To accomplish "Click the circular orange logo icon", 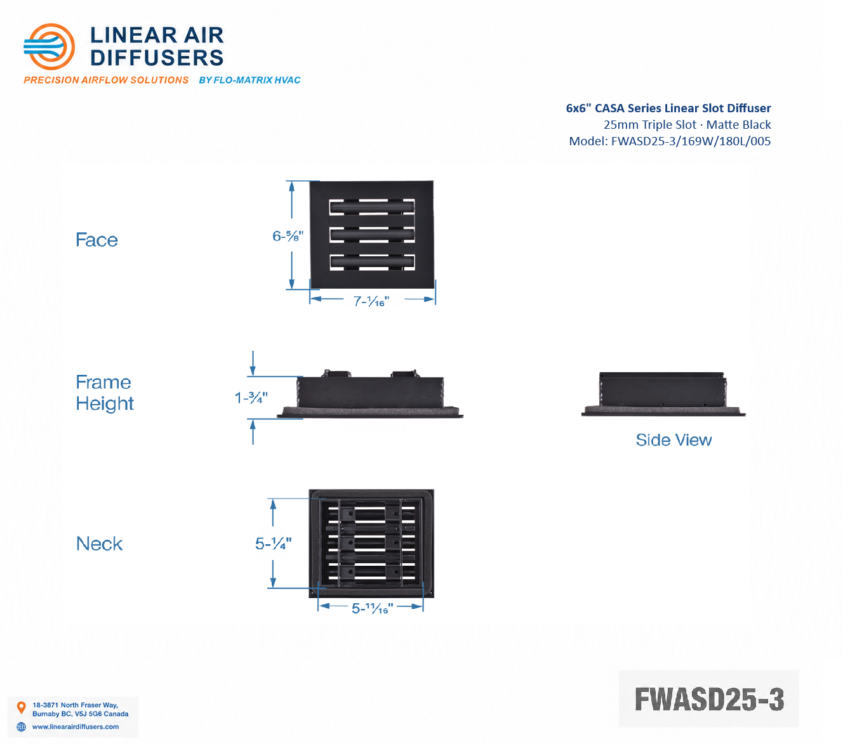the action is tap(49, 46).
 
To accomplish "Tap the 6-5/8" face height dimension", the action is tap(288, 236).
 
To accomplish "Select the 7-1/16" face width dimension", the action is tap(371, 301).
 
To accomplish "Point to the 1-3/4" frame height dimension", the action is tap(251, 398).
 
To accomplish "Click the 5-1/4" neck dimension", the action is tap(273, 544).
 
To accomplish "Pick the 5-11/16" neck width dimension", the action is tap(372, 608).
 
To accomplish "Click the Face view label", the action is tap(96, 240).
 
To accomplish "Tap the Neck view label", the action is tap(100, 544).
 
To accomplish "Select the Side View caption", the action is tap(674, 440).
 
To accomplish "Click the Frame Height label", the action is tap(105, 393).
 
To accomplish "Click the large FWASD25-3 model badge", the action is tap(709, 699).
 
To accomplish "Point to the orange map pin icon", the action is tap(21, 707).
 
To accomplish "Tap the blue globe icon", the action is tap(21, 726).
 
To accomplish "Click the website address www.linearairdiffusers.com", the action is tap(76, 726).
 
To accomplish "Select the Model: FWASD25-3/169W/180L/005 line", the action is tap(670, 141).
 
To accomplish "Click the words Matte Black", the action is tap(738, 125).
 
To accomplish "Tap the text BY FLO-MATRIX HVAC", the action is tap(249, 81).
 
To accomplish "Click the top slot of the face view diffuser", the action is tap(372, 207).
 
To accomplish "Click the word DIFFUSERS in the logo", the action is tap(157, 58).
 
